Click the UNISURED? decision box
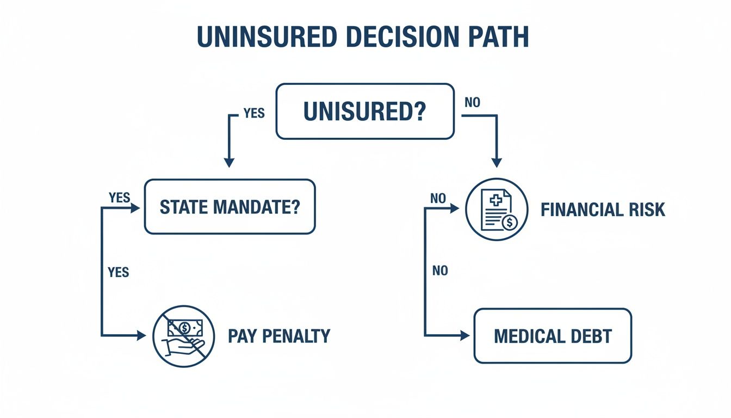click(x=365, y=111)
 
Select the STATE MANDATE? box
click(x=230, y=207)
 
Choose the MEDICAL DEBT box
click(x=553, y=336)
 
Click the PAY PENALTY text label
click(x=279, y=336)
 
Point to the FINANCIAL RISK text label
click(x=603, y=210)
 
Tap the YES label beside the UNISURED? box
click(x=254, y=113)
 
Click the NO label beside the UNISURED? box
click(x=472, y=102)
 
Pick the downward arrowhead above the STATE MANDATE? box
click(x=229, y=162)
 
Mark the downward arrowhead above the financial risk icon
click(x=496, y=162)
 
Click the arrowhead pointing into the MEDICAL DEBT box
click(x=464, y=336)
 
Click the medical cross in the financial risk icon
click(x=495, y=200)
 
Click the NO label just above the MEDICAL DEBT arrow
click(x=440, y=271)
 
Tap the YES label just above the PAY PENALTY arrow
click(x=119, y=272)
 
